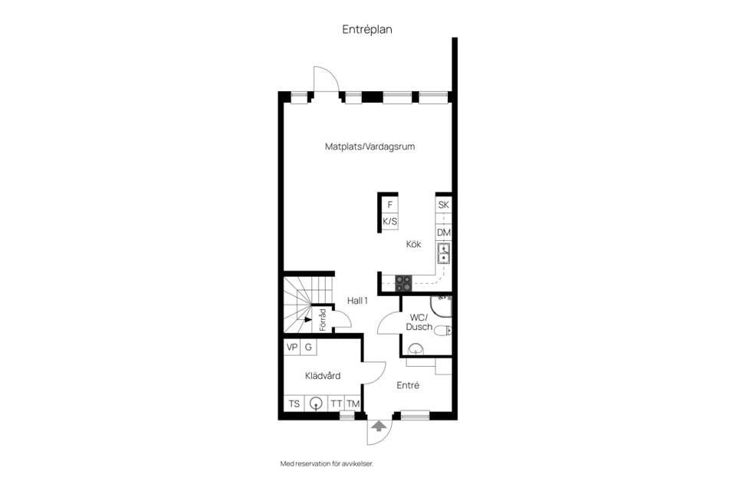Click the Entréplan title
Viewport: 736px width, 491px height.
tap(367, 29)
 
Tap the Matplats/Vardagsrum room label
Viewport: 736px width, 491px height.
tap(370, 146)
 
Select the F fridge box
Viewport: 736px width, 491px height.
tap(390, 205)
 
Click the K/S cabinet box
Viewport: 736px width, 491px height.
tap(390, 222)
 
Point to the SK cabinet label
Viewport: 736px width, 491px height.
tap(443, 205)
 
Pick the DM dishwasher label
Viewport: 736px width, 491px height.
tap(443, 232)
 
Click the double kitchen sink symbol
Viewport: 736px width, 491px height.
tap(443, 253)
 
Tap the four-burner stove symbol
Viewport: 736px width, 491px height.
tap(403, 282)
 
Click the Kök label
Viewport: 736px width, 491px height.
tap(415, 245)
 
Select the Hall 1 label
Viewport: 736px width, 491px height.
tap(358, 301)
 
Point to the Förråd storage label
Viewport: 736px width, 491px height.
tap(323, 319)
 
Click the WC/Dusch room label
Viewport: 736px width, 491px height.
tap(419, 322)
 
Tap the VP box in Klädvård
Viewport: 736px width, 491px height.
tap(292, 347)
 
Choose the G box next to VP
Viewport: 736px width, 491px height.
tap(308, 347)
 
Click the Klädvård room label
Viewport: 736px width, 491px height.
tap(323, 375)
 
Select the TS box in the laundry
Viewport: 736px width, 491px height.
tap(294, 404)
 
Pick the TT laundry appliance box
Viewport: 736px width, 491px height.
tap(336, 404)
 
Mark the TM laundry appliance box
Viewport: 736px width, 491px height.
tap(353, 404)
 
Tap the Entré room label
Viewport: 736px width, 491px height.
tap(408, 386)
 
